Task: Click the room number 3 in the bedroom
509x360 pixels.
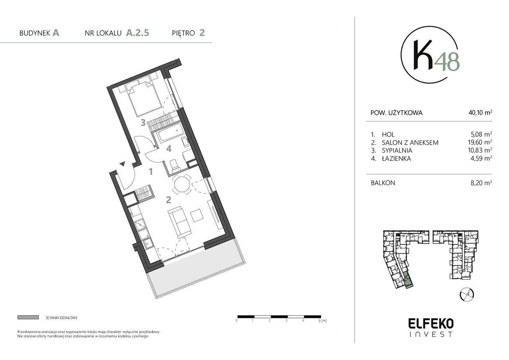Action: click(x=142, y=123)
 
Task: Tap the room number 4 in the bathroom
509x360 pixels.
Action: click(x=169, y=149)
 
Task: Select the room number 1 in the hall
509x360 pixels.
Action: click(x=151, y=172)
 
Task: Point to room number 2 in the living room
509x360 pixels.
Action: click(x=169, y=200)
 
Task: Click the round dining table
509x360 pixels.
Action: click(x=183, y=185)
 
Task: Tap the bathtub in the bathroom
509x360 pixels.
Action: click(x=170, y=133)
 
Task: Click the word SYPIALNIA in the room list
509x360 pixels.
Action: click(x=397, y=151)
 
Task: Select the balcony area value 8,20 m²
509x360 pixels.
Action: click(x=481, y=183)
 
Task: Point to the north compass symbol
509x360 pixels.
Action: click(x=466, y=294)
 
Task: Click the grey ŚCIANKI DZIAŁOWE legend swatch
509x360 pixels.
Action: click(x=28, y=317)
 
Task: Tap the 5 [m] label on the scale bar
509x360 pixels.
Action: click(x=322, y=320)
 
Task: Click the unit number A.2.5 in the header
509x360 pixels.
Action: click(x=138, y=33)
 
